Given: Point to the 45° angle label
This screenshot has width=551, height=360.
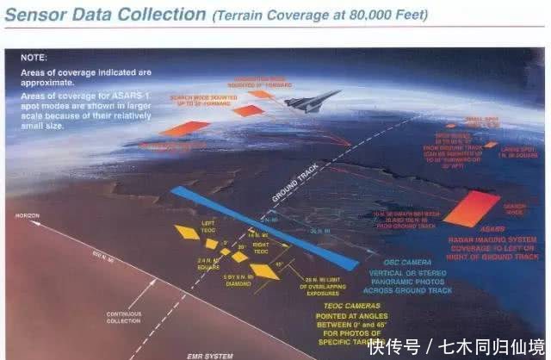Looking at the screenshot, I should (277, 264).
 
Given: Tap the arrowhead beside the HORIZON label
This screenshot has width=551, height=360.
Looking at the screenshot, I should (33, 221).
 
